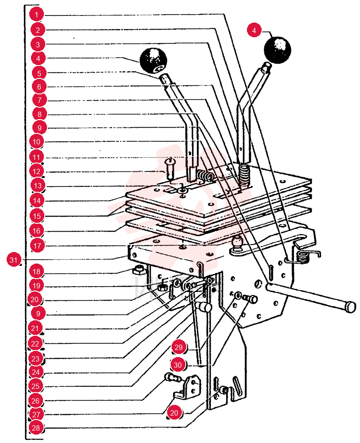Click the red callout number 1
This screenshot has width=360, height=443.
(x=36, y=14)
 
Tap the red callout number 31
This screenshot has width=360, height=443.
(x=14, y=259)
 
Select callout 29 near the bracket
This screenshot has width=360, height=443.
(x=179, y=347)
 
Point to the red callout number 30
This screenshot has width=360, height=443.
(x=178, y=365)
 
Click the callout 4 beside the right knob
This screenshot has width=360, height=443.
(x=254, y=30)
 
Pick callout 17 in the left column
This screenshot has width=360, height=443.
(x=37, y=245)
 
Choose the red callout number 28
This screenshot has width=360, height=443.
(x=35, y=428)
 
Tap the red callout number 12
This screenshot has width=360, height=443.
(x=37, y=171)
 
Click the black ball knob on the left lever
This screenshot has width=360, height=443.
(x=153, y=61)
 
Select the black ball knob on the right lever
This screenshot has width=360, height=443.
(x=277, y=50)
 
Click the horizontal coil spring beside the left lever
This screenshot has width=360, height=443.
(x=205, y=176)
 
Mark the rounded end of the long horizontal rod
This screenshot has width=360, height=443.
(x=351, y=307)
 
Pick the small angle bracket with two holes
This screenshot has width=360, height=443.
(x=189, y=387)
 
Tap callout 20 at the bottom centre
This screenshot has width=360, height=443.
(x=174, y=413)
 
